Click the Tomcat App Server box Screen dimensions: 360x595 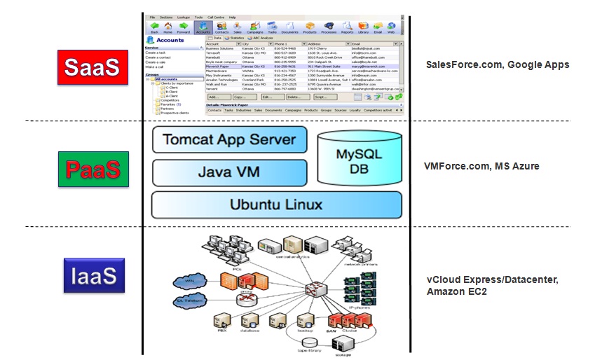229,139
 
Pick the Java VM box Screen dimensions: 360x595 229,172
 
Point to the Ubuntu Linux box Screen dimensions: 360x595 277,205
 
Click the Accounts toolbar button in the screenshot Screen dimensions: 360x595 203,27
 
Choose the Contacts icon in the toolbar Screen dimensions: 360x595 222,27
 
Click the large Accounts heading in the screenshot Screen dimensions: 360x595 169,41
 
